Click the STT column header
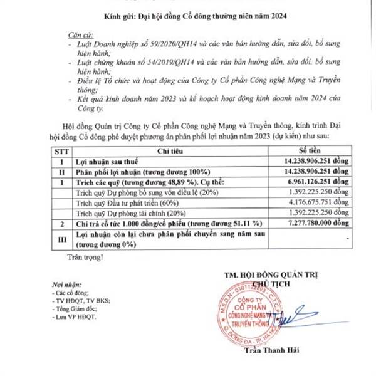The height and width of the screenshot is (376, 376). (61, 151)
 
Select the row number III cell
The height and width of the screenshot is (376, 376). (61, 238)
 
